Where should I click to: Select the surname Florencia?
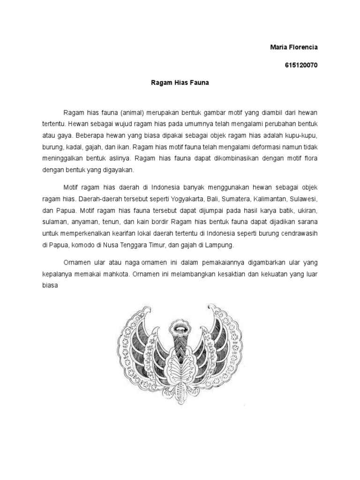tap(304, 47)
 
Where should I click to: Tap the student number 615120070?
tap(301, 65)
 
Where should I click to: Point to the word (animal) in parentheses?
tap(133, 114)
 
